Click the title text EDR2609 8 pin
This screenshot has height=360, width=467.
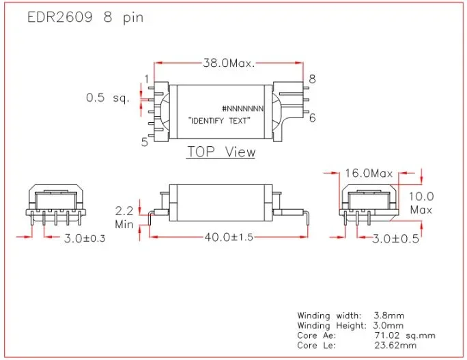pyautogui.click(x=85, y=18)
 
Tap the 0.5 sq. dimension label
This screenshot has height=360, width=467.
pyautogui.click(x=108, y=98)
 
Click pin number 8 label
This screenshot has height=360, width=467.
pyautogui.click(x=312, y=79)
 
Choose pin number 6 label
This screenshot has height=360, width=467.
pyautogui.click(x=312, y=117)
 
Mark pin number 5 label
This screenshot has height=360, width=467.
pyautogui.click(x=145, y=142)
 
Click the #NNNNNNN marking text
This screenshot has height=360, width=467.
pyautogui.click(x=243, y=109)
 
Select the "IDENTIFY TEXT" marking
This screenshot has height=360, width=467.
pyautogui.click(x=219, y=121)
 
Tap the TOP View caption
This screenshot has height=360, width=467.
pyautogui.click(x=221, y=152)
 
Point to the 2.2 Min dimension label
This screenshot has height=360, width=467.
pyautogui.click(x=124, y=217)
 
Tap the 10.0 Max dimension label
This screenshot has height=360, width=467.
pyautogui.click(x=421, y=203)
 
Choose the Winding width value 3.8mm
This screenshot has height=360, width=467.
pyautogui.click(x=390, y=316)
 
